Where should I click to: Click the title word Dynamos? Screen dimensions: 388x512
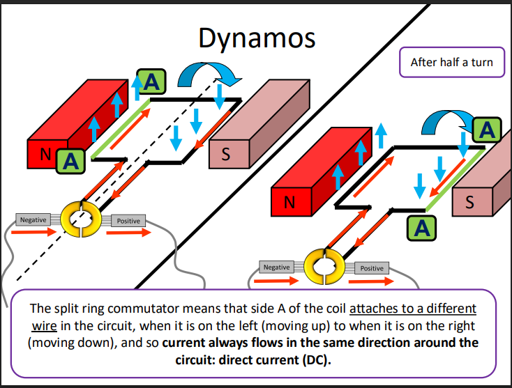[x=257, y=38]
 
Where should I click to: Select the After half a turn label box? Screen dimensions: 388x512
[x=451, y=62]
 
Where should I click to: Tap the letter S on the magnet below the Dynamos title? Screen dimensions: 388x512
[x=225, y=155]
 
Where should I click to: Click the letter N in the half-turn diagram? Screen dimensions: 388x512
[x=288, y=203]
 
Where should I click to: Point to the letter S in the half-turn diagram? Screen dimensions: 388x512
[x=469, y=203]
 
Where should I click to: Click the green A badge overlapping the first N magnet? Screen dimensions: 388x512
[x=68, y=162]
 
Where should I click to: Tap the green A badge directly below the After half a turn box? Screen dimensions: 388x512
[x=487, y=129]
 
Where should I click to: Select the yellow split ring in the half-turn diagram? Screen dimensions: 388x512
[x=324, y=266]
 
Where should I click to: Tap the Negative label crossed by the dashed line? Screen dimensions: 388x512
[x=33, y=220]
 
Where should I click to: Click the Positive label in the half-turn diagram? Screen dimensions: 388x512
[x=371, y=268]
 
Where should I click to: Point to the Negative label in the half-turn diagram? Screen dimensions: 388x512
[x=276, y=267]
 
